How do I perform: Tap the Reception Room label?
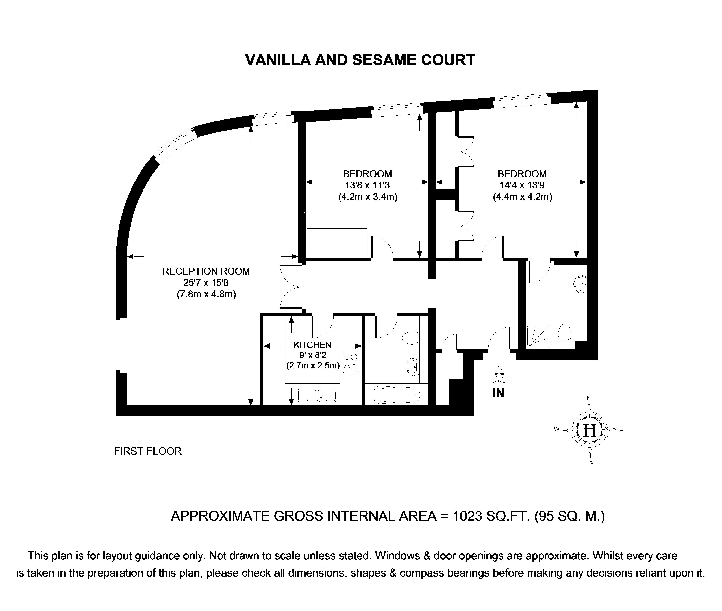click(x=206, y=271)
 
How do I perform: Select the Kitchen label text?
click(x=312, y=345)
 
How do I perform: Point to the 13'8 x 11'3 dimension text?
click(x=367, y=185)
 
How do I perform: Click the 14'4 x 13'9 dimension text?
click(x=522, y=185)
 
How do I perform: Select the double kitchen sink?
click(x=317, y=395)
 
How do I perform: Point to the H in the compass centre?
click(x=590, y=430)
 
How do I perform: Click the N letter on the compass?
click(x=588, y=398)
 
